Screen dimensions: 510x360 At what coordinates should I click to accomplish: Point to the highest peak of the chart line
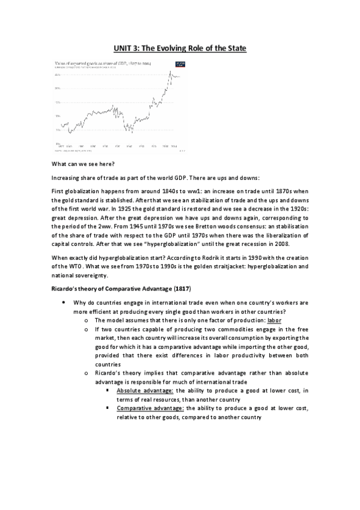point(170,72)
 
